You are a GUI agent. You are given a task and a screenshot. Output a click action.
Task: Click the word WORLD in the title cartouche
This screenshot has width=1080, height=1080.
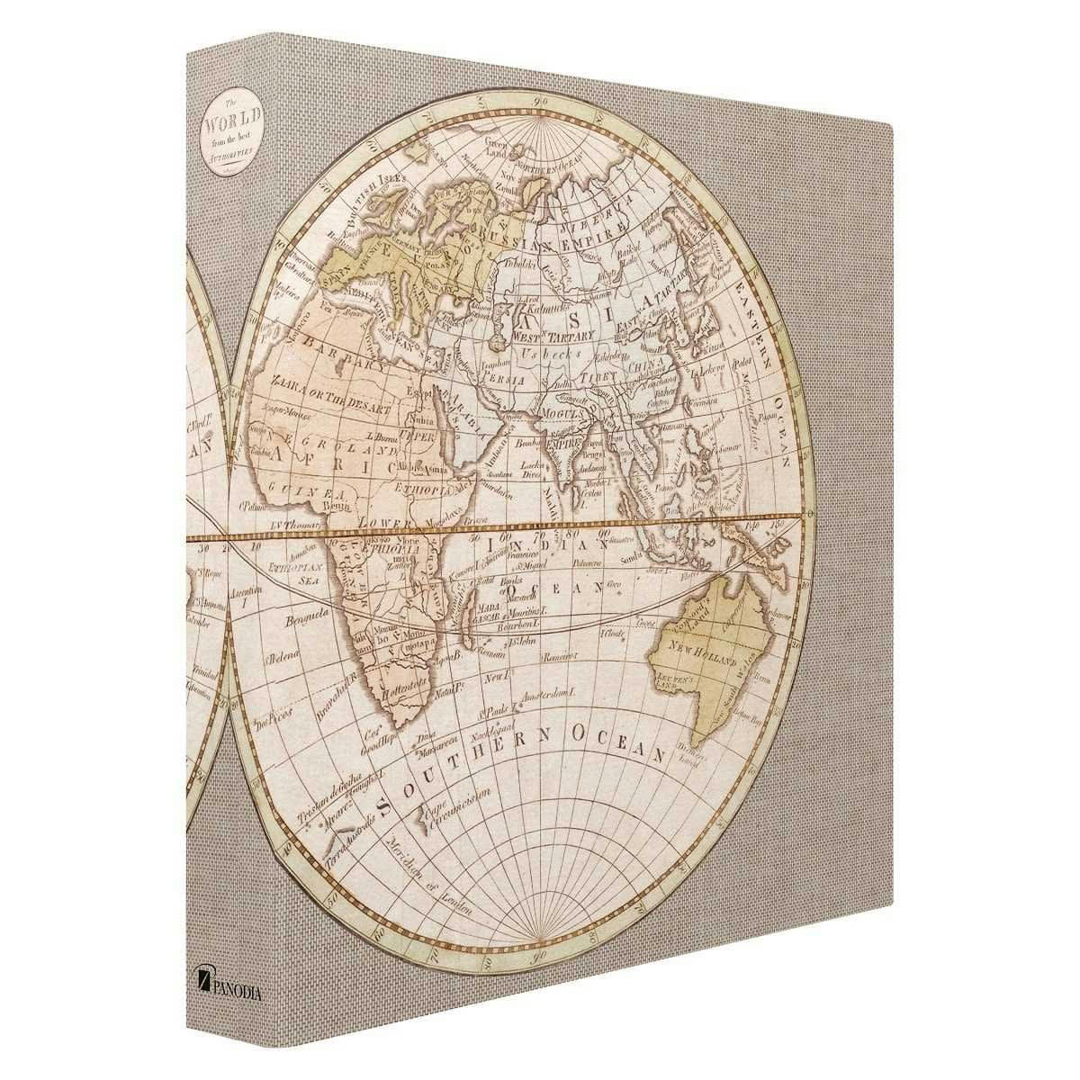(229, 119)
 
